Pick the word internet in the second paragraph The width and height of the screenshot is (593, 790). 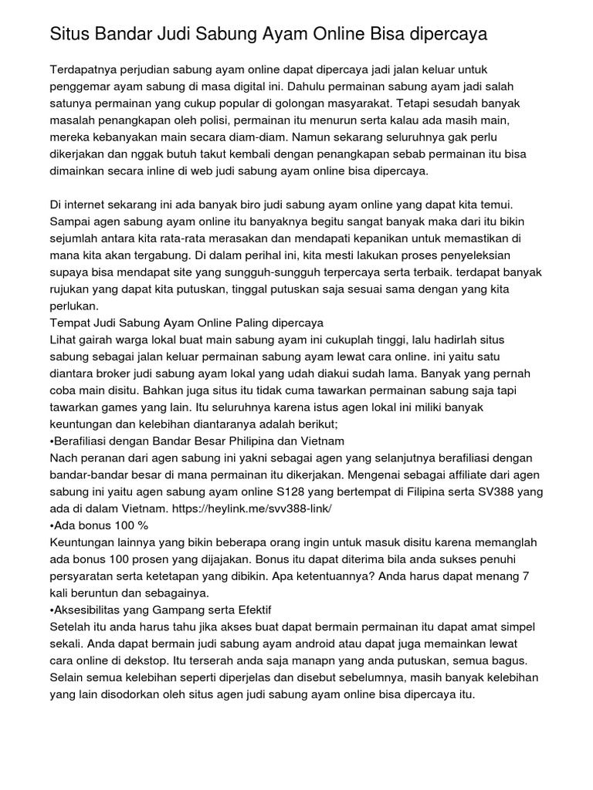coord(93,204)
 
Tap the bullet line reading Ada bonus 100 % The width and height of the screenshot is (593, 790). coord(99,525)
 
